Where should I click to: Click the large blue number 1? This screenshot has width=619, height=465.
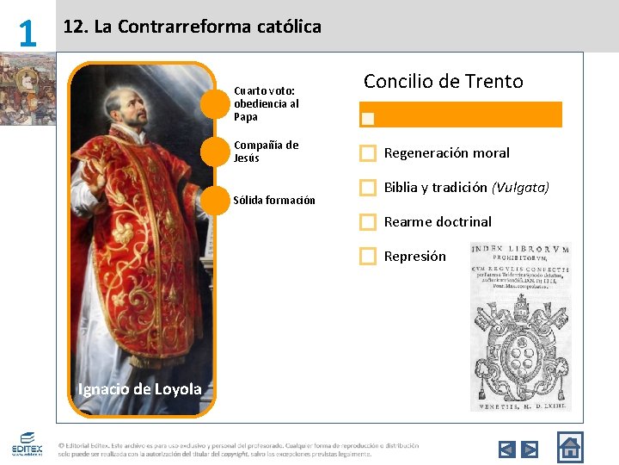tap(28, 33)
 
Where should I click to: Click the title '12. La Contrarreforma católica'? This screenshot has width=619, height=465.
tap(193, 27)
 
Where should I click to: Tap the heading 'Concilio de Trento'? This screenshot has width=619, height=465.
tap(443, 82)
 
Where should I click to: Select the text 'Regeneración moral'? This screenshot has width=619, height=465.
tap(446, 153)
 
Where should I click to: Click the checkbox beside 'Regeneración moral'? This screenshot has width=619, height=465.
tap(368, 153)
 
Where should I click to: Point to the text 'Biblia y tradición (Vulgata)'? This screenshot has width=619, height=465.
tap(466, 187)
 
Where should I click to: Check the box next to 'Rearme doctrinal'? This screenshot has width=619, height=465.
tap(368, 221)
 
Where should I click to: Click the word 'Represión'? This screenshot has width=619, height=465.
tap(414, 256)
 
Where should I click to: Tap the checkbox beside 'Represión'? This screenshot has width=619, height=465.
tap(368, 256)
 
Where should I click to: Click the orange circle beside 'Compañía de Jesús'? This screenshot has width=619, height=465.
tap(215, 152)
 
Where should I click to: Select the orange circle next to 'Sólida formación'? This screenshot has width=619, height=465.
tap(215, 200)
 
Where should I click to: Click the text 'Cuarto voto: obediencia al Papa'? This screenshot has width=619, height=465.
tap(266, 103)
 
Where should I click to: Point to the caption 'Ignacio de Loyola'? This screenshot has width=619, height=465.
tap(139, 389)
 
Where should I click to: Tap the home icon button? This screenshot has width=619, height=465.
tap(569, 447)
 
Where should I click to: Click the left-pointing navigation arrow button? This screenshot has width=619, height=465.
tap(507, 449)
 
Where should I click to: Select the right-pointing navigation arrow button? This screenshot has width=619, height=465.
tap(530, 449)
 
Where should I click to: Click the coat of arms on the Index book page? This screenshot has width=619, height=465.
tap(520, 350)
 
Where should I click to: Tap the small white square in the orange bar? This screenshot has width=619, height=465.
tap(368, 117)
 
